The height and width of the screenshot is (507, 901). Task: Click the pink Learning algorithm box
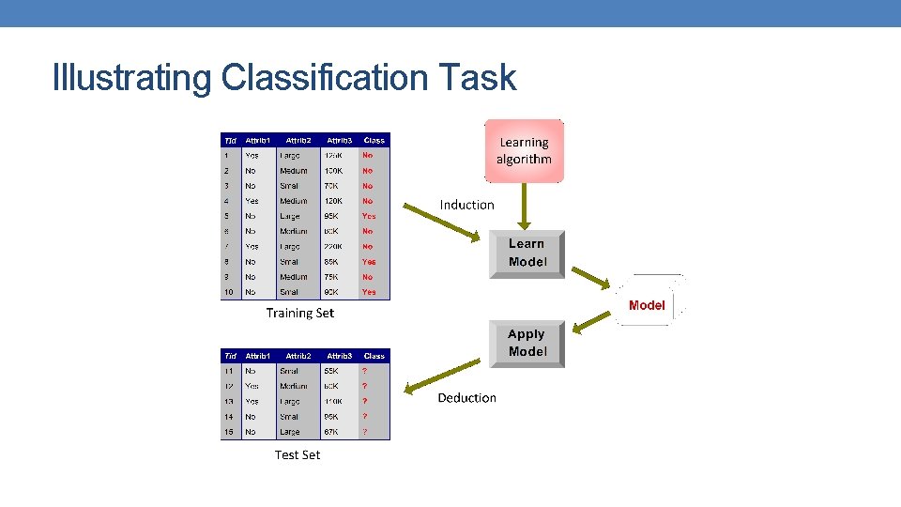[524, 151]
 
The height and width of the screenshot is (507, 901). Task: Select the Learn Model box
[527, 253]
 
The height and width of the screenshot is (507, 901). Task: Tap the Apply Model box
[527, 343]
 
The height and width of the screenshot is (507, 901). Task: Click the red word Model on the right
[647, 305]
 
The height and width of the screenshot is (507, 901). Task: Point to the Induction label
[466, 205]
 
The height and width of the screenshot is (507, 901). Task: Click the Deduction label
[466, 398]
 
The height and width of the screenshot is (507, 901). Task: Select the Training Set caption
[299, 313]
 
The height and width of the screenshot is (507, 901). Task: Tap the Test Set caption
[297, 454]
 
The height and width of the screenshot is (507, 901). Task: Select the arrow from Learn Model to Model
[592, 279]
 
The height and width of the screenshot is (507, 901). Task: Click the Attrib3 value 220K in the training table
[333, 247]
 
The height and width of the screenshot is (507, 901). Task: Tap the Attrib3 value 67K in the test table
[333, 432]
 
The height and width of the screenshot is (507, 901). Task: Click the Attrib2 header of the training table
[298, 141]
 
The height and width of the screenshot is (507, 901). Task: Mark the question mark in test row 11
[365, 371]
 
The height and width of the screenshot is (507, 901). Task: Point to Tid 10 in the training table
[228, 292]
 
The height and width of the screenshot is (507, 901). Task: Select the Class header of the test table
[374, 356]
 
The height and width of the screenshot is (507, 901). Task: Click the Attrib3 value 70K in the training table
[332, 186]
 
